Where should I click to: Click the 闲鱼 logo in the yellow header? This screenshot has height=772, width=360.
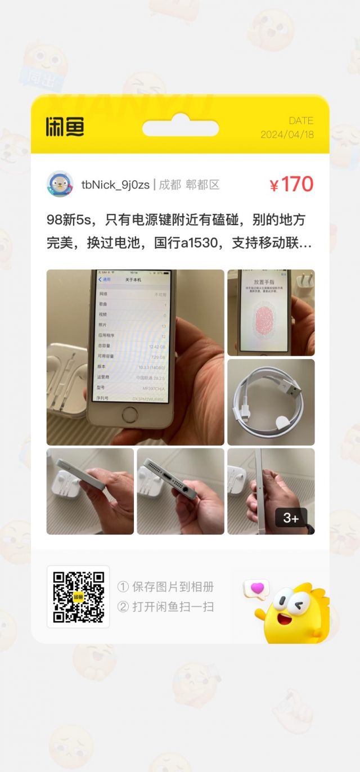(65, 127)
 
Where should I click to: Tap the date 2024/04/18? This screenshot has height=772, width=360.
(287, 134)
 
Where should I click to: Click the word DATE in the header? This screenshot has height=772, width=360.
(301, 120)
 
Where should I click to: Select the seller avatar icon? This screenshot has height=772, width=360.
(60, 185)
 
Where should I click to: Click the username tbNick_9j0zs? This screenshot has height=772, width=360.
(115, 185)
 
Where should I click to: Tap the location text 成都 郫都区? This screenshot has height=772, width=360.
(189, 185)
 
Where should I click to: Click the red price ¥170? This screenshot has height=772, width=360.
(291, 185)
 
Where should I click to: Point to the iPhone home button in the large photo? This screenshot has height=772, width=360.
(130, 415)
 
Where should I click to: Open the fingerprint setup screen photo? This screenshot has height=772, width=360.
(271, 312)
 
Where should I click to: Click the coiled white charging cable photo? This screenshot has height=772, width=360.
(271, 402)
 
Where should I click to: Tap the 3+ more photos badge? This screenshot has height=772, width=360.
(291, 518)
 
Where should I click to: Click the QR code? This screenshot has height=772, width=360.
(78, 596)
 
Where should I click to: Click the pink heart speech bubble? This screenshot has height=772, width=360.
(256, 589)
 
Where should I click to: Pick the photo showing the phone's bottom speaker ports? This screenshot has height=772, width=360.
(180, 491)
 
